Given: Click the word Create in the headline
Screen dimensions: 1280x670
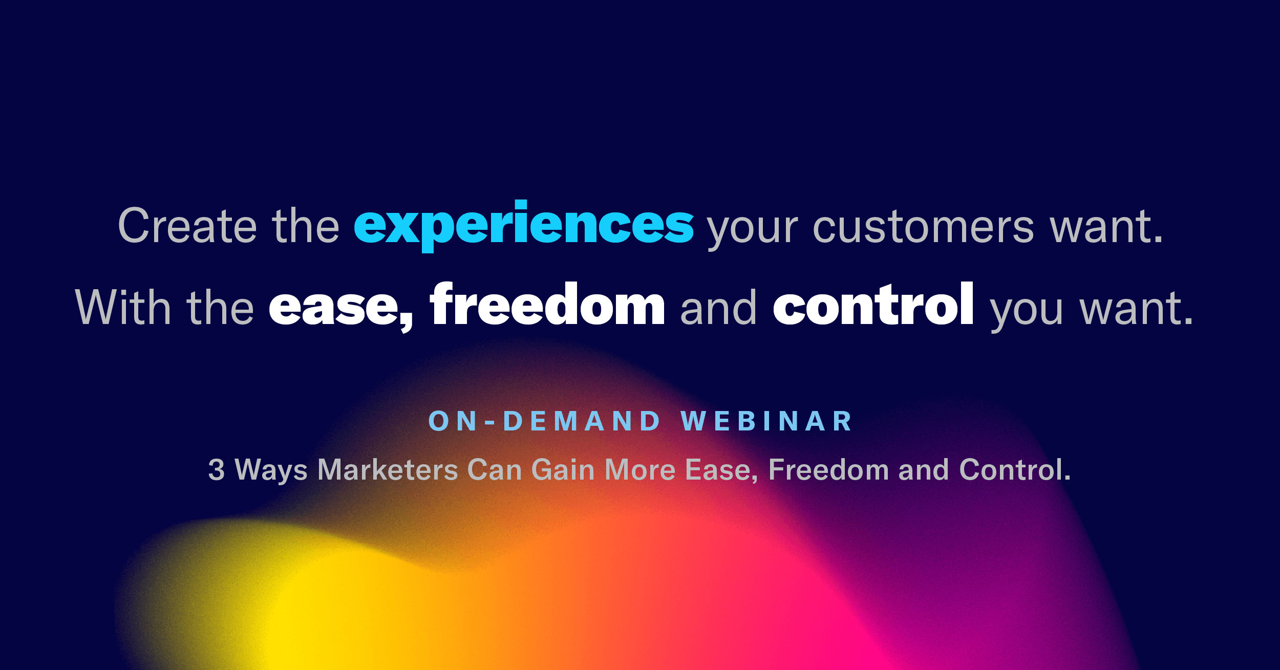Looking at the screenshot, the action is tap(187, 226).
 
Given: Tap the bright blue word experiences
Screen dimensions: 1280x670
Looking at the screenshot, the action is tap(524, 226).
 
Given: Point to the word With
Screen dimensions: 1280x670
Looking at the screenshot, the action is tap(123, 307).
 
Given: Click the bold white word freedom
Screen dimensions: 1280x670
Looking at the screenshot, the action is tap(547, 304).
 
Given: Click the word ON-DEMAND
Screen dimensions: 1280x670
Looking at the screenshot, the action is tap(545, 421).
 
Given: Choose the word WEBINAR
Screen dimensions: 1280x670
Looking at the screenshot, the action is tap(766, 421).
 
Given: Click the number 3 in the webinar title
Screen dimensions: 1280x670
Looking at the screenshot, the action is tap(216, 470).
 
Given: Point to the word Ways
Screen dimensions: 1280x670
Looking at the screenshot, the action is tap(271, 471).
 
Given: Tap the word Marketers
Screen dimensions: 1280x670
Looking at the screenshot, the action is tap(388, 470).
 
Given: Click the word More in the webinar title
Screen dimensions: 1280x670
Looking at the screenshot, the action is tap(640, 470).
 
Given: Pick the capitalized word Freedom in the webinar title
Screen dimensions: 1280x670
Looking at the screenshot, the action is tap(829, 470).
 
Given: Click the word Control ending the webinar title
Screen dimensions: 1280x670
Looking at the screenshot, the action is tap(1015, 470).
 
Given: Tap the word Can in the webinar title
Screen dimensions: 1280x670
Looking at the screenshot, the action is tap(495, 470).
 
